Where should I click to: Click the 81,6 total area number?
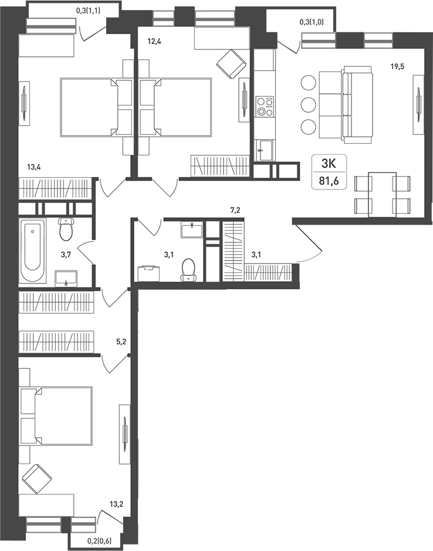click(x=329, y=181)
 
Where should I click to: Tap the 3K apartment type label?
click(x=329, y=163)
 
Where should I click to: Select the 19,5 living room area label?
click(x=397, y=66)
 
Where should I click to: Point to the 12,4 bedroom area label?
click(x=154, y=42)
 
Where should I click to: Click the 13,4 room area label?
click(x=34, y=167)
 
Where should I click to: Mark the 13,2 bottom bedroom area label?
click(x=116, y=505)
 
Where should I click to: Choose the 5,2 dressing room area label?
click(x=121, y=342)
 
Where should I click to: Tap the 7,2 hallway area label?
click(x=235, y=211)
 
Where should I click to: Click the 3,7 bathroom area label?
click(x=66, y=255)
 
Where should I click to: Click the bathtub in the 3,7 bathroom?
click(x=32, y=251)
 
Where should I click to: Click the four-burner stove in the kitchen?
click(x=265, y=106)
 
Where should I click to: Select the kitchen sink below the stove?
click(x=264, y=150)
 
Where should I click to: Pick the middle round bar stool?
click(x=308, y=104)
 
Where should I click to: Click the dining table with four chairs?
click(x=383, y=194)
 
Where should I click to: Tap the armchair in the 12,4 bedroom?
click(x=231, y=63)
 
